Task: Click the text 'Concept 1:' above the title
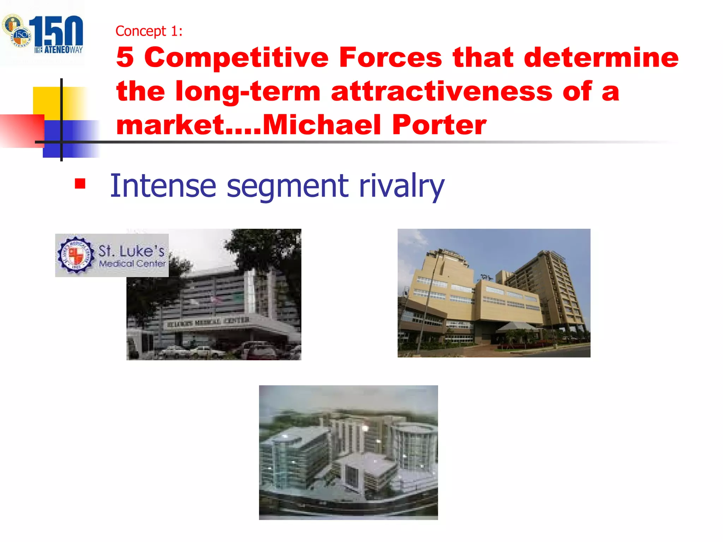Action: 149,31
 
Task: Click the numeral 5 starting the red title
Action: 125,57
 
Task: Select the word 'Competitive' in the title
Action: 236,57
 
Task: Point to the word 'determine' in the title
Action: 601,57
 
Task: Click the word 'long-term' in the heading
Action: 247,91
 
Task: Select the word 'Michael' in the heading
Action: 322,125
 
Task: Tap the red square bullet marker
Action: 80,184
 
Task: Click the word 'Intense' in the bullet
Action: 163,186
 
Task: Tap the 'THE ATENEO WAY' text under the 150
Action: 59,50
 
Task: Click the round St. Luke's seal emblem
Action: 76,255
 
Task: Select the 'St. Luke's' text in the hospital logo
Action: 131,251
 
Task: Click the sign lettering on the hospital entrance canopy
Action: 208,322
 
